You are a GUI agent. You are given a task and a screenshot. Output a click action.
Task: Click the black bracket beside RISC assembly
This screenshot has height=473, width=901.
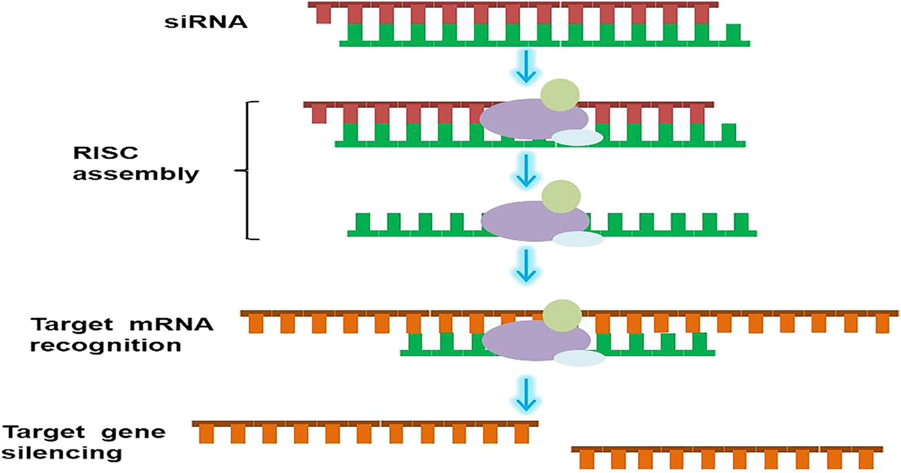248,171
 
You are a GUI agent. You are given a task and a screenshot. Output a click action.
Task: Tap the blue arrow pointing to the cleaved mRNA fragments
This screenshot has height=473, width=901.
525,393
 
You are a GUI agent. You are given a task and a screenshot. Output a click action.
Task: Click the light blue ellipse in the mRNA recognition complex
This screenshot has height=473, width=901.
579,358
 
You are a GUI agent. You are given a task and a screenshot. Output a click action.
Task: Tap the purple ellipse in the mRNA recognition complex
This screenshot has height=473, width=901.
535,340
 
